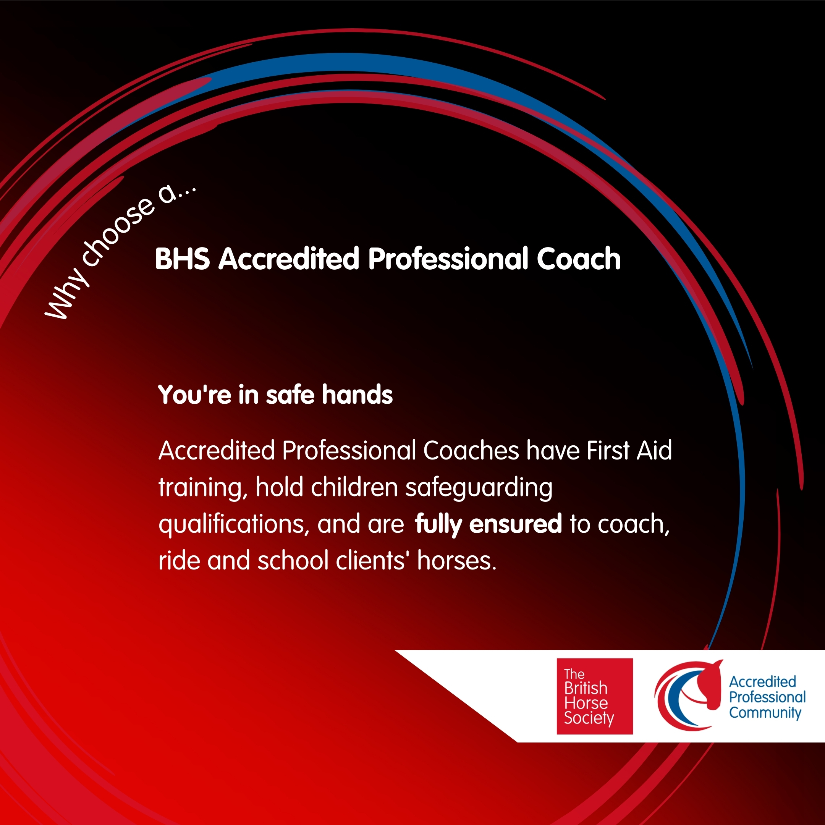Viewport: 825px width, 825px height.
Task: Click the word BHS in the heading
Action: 182,259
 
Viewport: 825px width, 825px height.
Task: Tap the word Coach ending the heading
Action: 579,259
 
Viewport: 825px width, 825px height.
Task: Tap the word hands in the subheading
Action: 357,394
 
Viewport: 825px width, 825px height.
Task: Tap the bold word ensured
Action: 515,524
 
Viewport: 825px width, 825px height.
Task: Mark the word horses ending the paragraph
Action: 457,561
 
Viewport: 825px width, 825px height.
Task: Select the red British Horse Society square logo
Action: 594,696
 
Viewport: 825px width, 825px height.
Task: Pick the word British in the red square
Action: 586,688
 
